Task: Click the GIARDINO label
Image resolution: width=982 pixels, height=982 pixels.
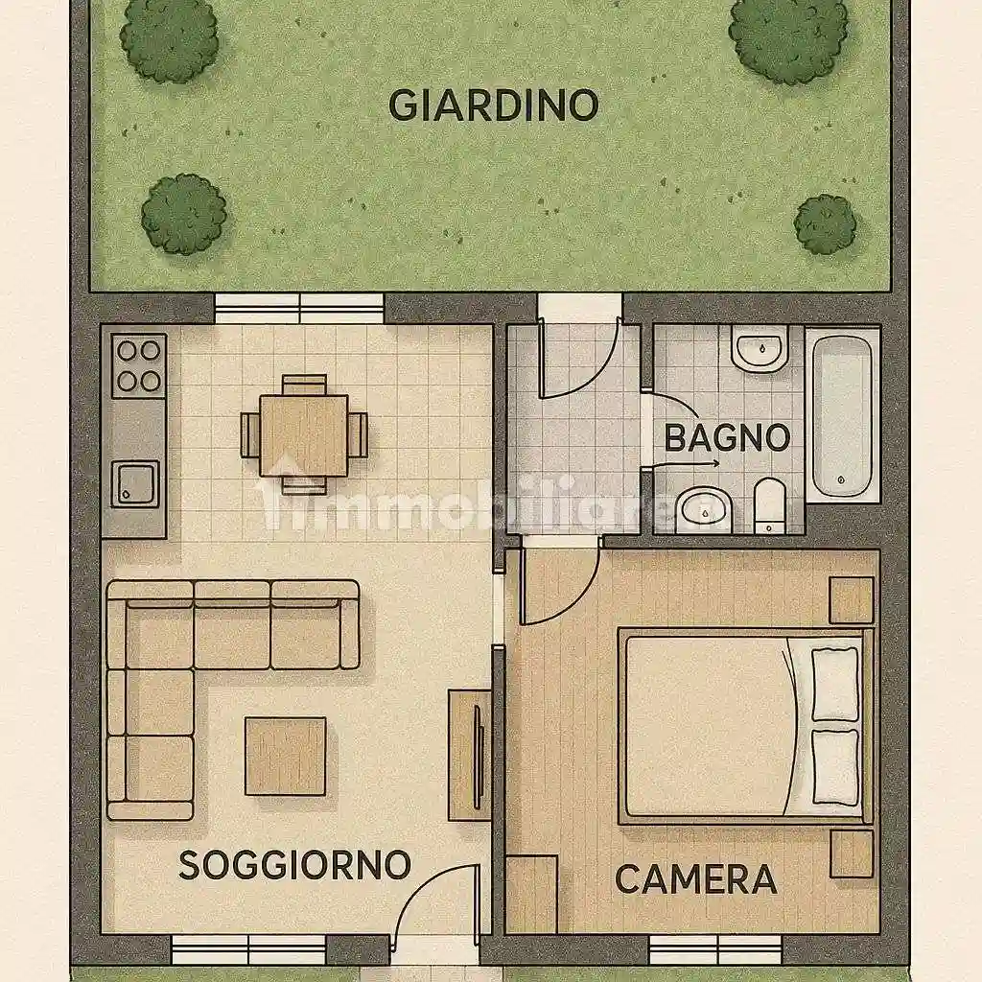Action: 493,105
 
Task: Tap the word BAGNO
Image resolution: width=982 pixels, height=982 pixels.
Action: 727,438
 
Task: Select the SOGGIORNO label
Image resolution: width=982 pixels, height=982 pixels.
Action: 294,865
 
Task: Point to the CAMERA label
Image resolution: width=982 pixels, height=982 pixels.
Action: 695,878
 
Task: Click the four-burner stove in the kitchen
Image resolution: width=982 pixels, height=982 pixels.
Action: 138,365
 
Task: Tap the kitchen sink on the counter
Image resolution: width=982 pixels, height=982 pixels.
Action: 136,482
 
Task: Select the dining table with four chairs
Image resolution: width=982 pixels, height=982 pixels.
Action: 304,434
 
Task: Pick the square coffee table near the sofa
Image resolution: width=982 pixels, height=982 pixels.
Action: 285,757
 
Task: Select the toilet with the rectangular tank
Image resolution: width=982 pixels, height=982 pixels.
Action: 770,505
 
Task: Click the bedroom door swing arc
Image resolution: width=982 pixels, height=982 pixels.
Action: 561,587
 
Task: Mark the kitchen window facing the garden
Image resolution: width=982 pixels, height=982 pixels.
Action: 299,307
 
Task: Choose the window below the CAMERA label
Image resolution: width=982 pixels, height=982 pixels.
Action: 697,949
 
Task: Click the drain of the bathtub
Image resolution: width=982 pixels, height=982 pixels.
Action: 840,479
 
